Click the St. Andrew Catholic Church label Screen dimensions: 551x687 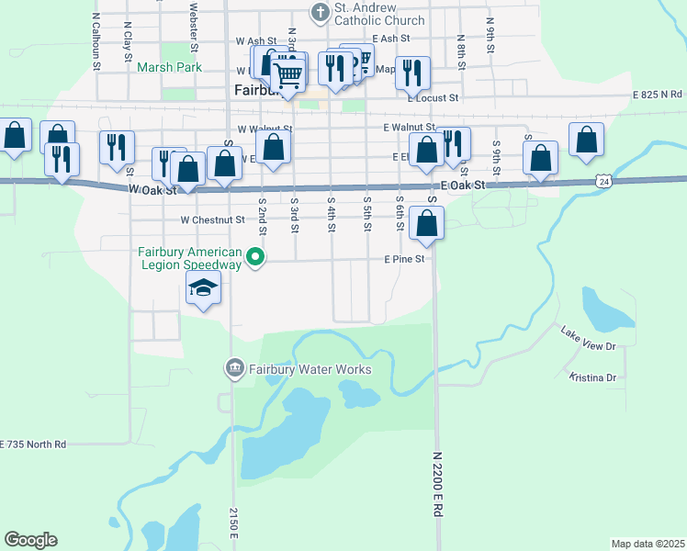coord(379,14)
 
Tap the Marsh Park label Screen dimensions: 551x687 coord(169,67)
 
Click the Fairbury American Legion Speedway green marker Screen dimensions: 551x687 coord(258,259)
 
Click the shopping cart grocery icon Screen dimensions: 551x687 coord(288,73)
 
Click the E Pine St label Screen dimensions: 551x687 coord(404,259)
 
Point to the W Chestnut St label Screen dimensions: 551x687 coord(212,220)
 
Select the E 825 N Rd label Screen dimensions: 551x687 coord(658,95)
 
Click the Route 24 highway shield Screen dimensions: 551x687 coord(603,182)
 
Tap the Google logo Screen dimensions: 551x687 coord(30,540)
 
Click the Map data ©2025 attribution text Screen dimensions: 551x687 coord(648,544)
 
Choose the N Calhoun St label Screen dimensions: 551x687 coord(96,42)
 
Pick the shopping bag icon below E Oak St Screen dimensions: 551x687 coord(427,222)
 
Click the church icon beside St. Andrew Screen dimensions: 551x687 coord(320,12)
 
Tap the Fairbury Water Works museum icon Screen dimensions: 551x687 coord(234,369)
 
